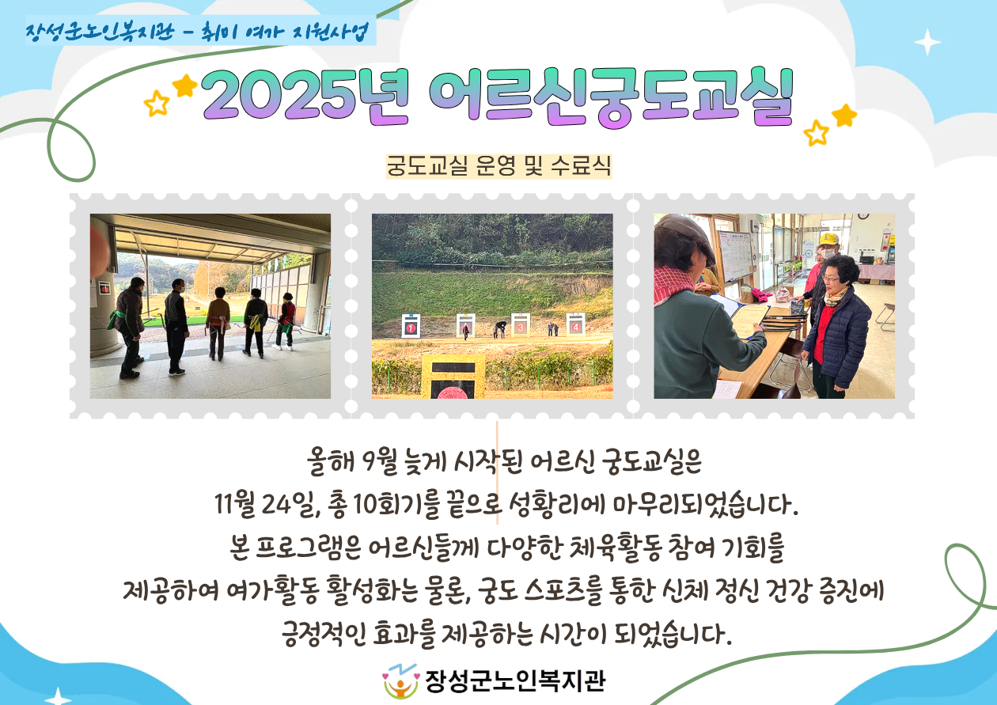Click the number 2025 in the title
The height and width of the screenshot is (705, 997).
coord(279,95)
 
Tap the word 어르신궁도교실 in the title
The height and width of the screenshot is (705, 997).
coord(611,97)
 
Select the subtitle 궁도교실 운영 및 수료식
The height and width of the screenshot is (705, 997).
coord(498,166)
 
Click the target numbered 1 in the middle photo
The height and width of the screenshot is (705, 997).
coord(411,326)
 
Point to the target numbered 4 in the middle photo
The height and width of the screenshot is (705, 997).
coord(575,324)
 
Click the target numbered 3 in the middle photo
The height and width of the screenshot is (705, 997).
coord(521,325)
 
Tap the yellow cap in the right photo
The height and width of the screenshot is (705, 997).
coord(828,240)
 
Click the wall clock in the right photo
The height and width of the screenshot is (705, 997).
coord(863,216)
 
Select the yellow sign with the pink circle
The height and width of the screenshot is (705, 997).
coord(453,377)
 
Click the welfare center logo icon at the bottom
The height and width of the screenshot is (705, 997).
coord(401,681)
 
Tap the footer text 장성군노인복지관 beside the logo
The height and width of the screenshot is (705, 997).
coord(515,681)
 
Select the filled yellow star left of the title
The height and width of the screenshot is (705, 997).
coord(184,85)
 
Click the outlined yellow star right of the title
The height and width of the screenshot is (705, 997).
coord(817,133)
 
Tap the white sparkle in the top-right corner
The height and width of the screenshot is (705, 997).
coord(927,42)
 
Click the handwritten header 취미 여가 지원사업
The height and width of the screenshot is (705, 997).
coord(285,32)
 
